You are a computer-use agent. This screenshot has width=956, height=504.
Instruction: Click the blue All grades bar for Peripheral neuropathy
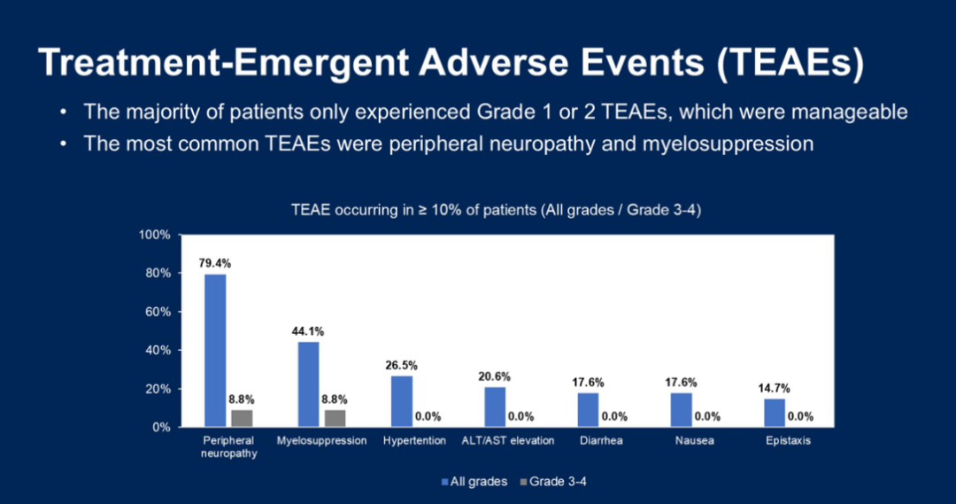tap(215, 350)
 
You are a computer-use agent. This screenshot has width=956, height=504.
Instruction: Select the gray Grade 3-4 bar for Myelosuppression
tap(335, 418)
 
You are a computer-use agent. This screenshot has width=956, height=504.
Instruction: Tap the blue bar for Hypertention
tap(402, 401)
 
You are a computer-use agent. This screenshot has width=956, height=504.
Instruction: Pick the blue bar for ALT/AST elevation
tap(495, 407)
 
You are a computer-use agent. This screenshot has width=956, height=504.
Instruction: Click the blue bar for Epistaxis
tap(775, 413)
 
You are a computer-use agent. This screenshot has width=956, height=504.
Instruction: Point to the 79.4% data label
tap(215, 263)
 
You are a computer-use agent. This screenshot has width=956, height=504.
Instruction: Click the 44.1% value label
tap(308, 331)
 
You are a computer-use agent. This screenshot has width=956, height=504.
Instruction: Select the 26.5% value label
tap(402, 365)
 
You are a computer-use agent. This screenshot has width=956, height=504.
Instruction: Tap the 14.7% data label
tap(775, 388)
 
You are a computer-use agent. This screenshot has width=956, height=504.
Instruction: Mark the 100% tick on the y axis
tap(157, 235)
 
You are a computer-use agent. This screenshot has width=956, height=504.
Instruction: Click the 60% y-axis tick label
tap(159, 312)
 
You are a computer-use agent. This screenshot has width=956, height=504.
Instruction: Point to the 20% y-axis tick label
tap(159, 389)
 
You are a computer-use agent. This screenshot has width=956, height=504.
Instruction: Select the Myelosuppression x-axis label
tap(321, 441)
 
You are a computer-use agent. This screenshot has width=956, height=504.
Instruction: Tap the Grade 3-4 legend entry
tap(557, 481)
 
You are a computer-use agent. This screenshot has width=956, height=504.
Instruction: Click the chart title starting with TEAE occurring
tap(496, 210)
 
